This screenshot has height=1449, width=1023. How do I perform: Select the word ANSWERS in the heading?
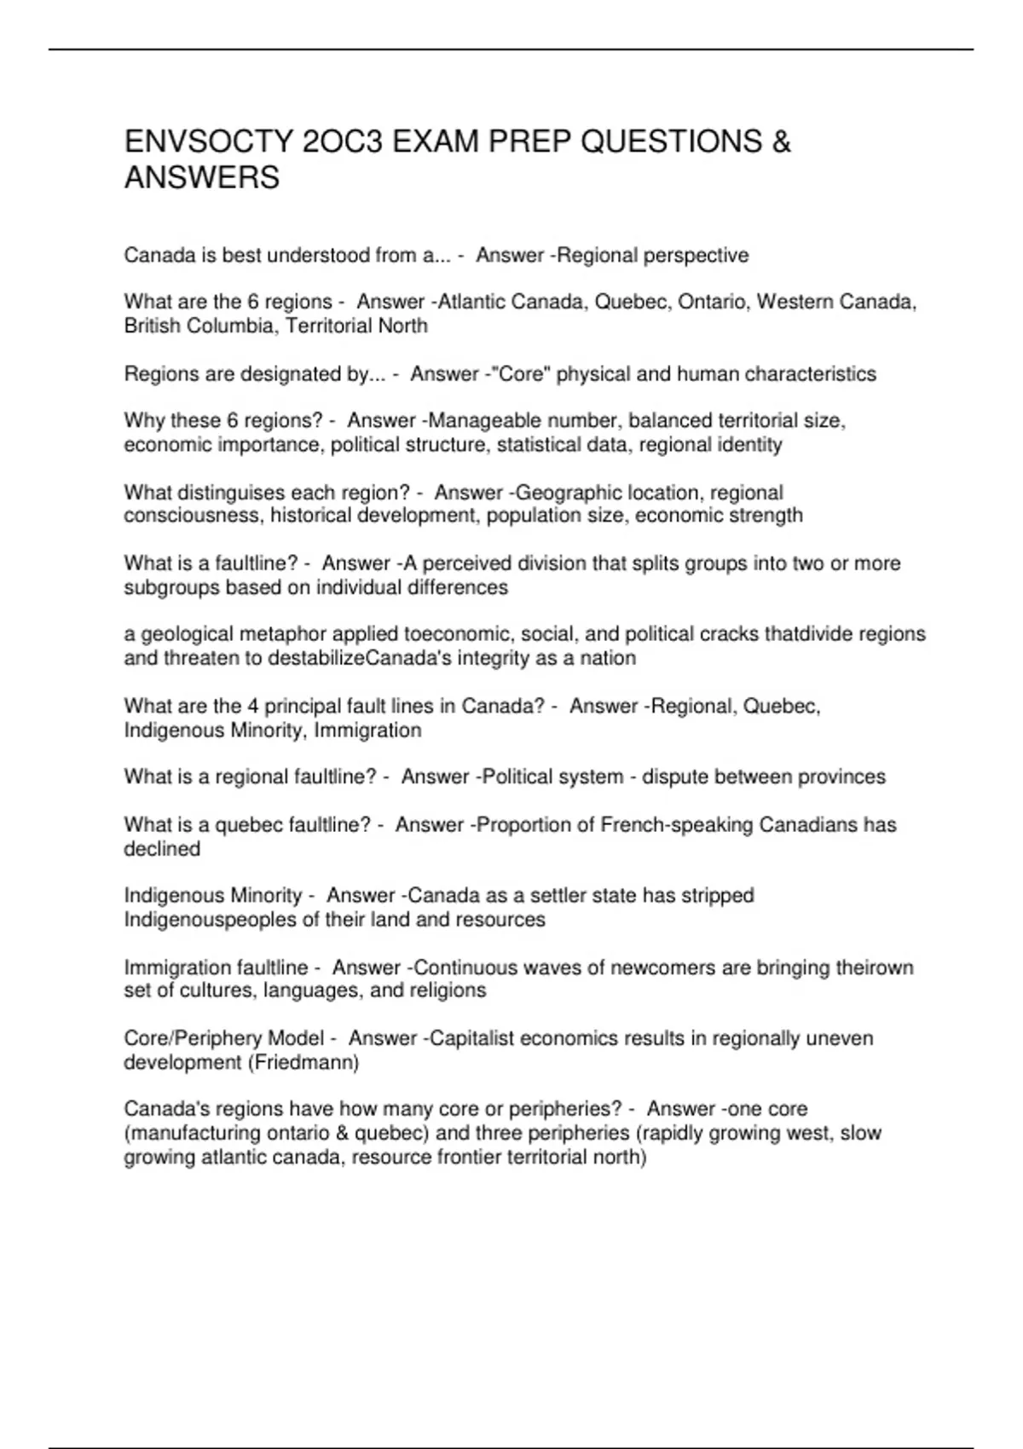(202, 178)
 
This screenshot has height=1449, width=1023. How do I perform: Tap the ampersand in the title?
(781, 141)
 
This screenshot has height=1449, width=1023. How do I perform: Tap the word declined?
(162, 849)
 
